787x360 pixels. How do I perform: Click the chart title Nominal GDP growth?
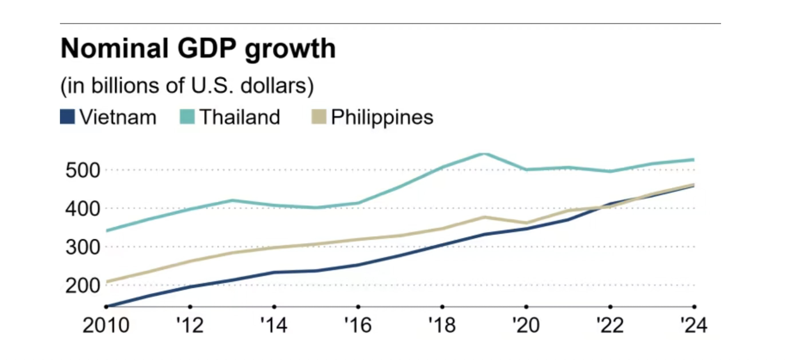198,49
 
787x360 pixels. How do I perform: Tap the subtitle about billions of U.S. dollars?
187,86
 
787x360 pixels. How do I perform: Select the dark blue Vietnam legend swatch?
67,117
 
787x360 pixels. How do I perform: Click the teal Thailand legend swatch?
187,117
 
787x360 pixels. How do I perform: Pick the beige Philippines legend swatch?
319,117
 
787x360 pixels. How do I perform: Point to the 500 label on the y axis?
82,170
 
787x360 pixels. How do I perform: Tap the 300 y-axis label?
82,247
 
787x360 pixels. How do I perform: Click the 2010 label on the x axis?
106,325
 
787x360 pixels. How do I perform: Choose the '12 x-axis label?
190,325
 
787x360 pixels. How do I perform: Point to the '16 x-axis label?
358,325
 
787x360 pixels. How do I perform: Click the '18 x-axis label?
442,325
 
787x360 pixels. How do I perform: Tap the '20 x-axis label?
526,325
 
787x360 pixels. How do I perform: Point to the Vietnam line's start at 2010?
107,306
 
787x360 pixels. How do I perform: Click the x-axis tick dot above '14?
274,306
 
